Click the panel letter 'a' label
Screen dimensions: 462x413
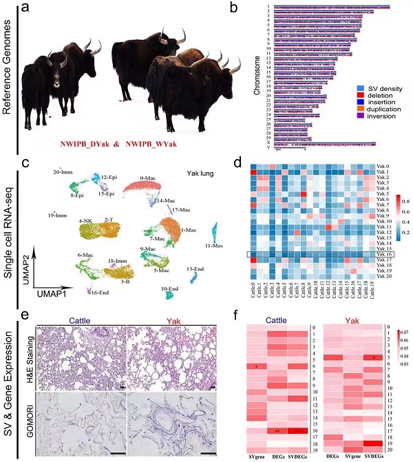coord(25,9)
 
